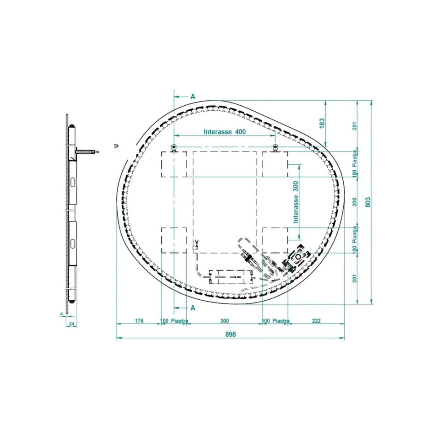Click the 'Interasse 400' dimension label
(225, 132)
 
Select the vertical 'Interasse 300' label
(296, 201)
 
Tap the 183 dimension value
(322, 123)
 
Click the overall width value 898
(230, 335)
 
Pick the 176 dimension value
(139, 321)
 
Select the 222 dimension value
(316, 321)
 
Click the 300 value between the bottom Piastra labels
(225, 321)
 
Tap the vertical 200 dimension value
(355, 202)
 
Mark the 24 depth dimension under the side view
(72, 324)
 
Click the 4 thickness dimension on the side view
(61, 314)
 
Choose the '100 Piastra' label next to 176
(174, 321)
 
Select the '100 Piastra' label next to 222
(275, 321)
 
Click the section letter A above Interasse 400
(193, 97)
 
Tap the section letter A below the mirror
(193, 308)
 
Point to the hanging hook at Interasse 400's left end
(174, 147)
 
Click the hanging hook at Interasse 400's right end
(275, 147)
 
